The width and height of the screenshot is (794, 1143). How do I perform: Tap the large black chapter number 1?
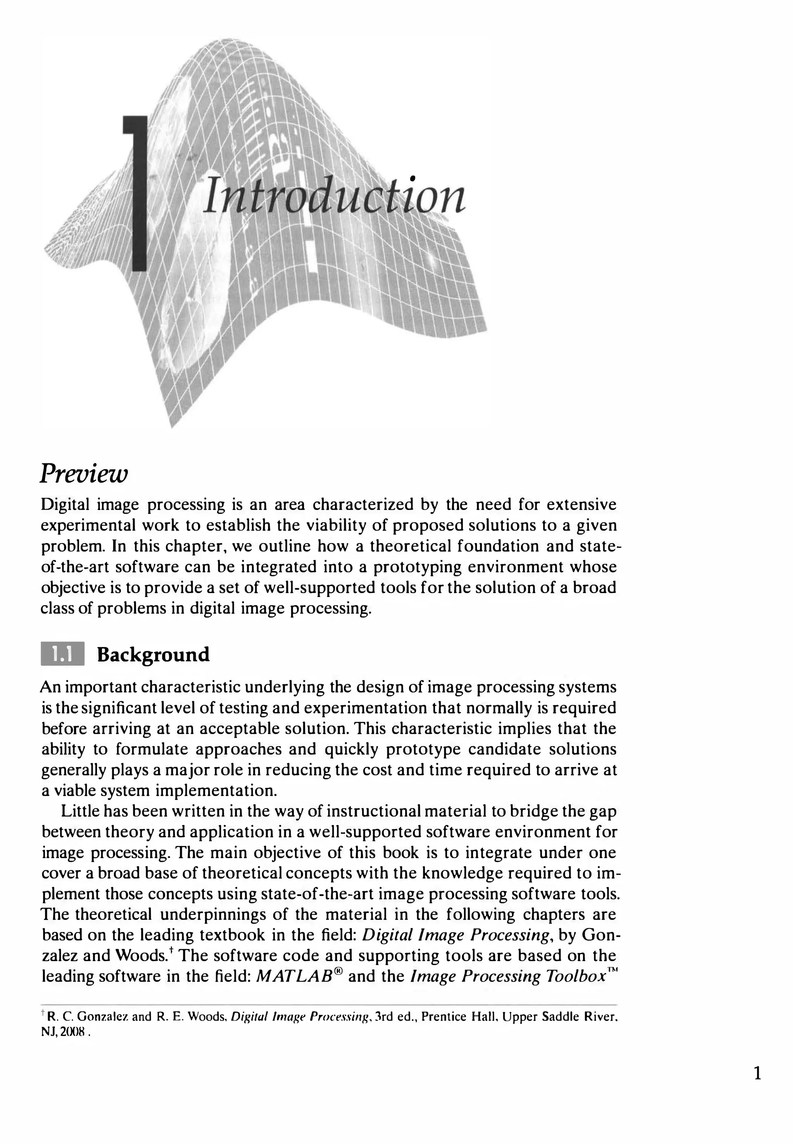coord(137,194)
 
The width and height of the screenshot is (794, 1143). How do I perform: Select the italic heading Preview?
coord(84,473)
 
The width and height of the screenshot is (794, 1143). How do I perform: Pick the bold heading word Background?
coord(153,654)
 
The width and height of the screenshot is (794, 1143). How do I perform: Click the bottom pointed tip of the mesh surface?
coord(172,426)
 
